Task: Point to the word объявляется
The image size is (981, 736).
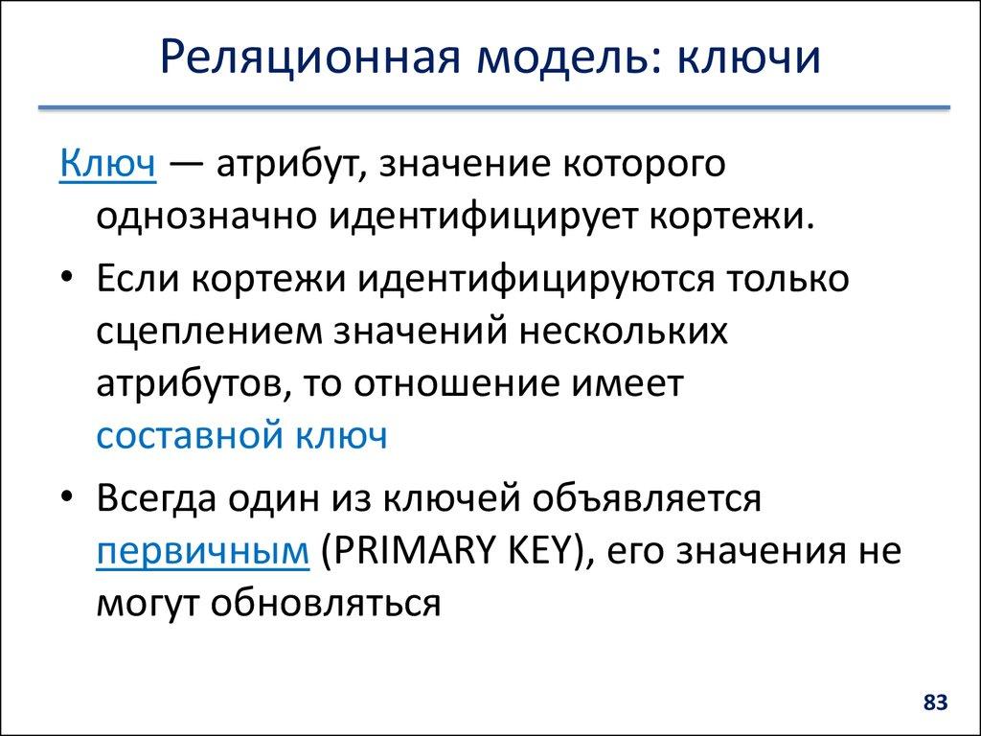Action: point(654,499)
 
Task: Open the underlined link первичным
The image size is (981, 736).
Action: point(202,551)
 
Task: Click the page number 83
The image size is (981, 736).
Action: point(935,703)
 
